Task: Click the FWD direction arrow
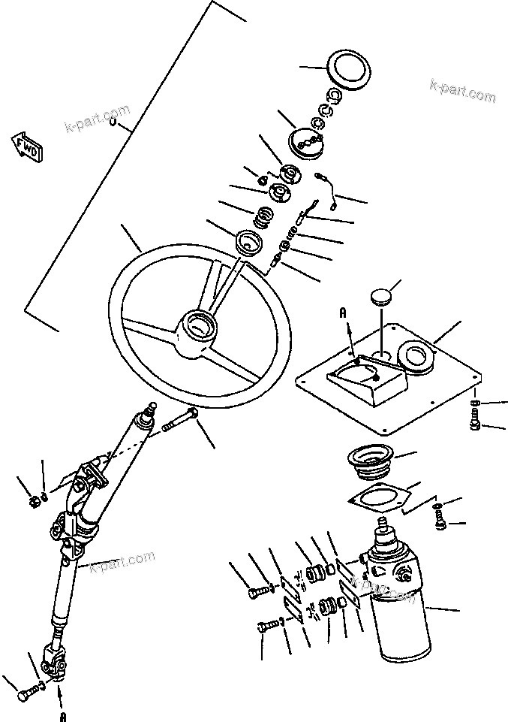[x=27, y=147]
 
